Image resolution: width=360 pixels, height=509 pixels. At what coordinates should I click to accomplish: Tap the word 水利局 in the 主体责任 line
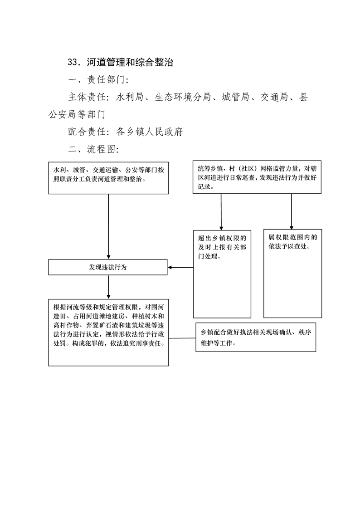point(129,97)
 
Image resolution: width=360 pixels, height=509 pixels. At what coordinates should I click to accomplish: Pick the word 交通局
point(274,97)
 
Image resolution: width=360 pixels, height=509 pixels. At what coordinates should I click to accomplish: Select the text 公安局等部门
point(77,114)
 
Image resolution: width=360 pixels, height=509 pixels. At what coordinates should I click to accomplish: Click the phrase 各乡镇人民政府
point(150,132)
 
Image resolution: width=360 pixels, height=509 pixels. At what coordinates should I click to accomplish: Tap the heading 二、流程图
point(93,149)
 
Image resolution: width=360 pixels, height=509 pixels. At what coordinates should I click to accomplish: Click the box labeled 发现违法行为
point(108,267)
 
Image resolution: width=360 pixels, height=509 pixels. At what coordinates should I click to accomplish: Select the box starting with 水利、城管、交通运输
point(108,178)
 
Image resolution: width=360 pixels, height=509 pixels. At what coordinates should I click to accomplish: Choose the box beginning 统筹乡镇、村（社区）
point(257,177)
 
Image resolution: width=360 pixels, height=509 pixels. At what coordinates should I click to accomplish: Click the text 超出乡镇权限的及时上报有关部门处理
point(222,247)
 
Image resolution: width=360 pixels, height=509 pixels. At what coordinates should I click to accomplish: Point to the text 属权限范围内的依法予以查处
point(292,242)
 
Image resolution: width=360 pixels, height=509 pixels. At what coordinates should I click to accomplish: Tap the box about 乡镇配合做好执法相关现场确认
point(256,337)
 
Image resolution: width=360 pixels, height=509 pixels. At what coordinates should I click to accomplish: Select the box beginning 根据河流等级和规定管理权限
point(108,333)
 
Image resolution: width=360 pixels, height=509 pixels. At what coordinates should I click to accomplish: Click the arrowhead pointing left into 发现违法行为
point(170,268)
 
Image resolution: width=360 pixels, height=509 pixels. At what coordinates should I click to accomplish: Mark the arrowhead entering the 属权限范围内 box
point(291,228)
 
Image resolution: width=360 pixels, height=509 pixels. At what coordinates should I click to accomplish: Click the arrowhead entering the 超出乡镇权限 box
point(221,228)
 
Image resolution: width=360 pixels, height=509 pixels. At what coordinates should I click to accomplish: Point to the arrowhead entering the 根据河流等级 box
point(108,297)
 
